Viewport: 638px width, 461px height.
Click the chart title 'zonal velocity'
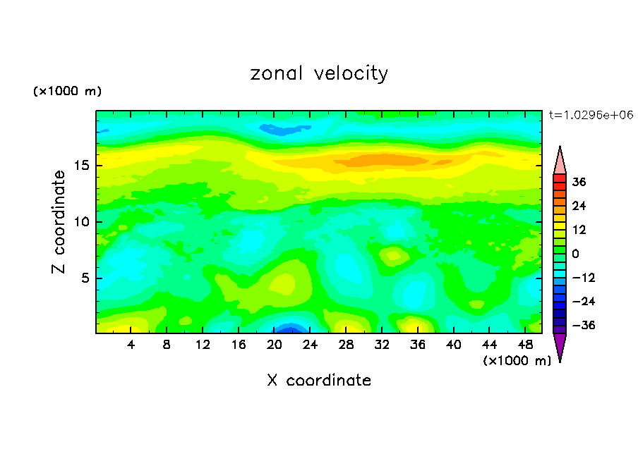(319, 73)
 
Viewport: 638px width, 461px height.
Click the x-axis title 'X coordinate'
(319, 381)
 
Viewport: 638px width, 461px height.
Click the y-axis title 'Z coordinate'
(59, 222)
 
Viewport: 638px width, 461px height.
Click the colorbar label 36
(579, 182)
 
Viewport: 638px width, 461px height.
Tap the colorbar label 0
(576, 254)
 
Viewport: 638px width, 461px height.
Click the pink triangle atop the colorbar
(560, 161)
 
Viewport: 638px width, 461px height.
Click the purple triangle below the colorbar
(560, 347)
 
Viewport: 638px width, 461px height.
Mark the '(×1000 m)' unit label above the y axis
(67, 92)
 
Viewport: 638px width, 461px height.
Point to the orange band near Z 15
(374, 160)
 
